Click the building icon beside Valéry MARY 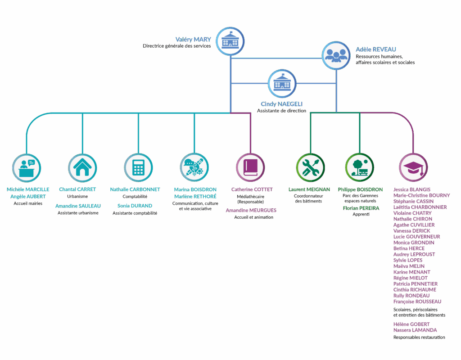coord(230,41)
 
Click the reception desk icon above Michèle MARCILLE coord(26,167)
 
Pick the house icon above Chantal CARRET coord(82,167)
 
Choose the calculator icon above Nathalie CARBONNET coord(138,167)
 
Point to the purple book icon coord(250,167)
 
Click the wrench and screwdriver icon coord(310,167)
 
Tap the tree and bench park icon coord(359,167)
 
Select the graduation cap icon coord(413,167)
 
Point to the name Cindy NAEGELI coord(281,104)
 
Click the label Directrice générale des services coord(177,46)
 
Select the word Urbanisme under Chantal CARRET coord(77,197)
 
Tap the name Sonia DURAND coord(135,206)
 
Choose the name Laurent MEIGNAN coord(309,189)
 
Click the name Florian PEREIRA coord(361,208)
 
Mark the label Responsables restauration coord(419,337)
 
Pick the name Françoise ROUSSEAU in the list coord(417,301)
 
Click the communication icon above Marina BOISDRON coord(194,167)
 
